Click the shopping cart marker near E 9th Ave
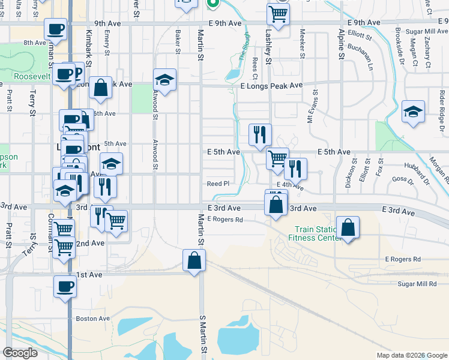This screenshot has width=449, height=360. coord(278,14)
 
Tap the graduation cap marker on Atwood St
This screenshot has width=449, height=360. coord(165,80)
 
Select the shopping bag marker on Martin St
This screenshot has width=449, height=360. coord(194,260)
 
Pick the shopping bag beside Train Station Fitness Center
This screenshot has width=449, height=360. coord(348,228)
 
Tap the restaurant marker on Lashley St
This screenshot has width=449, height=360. coord(261,135)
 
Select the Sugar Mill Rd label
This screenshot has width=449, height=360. coord(417,283)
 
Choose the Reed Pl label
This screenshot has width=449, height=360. coord(218,184)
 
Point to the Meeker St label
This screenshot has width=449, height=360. coord(303,42)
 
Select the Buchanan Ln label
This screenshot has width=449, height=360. coord(363,58)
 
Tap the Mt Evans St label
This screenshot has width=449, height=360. coord(311,109)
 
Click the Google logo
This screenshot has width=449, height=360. coord(20,353)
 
